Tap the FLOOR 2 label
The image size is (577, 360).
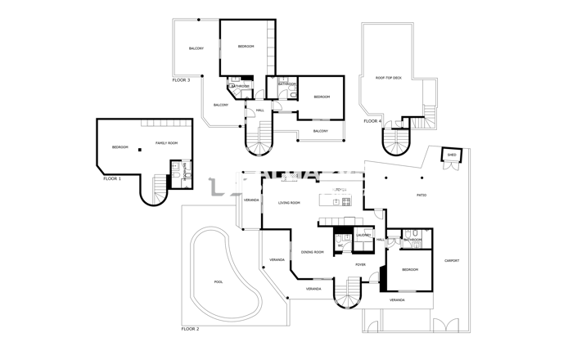(190, 329)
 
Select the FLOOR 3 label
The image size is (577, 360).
(181, 80)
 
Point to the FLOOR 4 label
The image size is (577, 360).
(372, 121)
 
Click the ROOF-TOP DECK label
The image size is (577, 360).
(389, 78)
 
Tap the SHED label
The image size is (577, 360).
(452, 154)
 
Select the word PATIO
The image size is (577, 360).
(421, 195)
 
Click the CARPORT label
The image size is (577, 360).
(451, 261)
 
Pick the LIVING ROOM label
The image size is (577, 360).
(289, 203)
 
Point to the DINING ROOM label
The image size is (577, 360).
(313, 252)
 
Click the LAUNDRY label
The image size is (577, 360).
(363, 236)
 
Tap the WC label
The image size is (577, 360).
(340, 244)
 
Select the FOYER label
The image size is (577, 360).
(360, 265)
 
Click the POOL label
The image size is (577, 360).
(218, 281)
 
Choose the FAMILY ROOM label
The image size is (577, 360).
(166, 143)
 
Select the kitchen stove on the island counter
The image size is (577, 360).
(345, 200)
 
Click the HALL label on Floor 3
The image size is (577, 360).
(259, 110)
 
